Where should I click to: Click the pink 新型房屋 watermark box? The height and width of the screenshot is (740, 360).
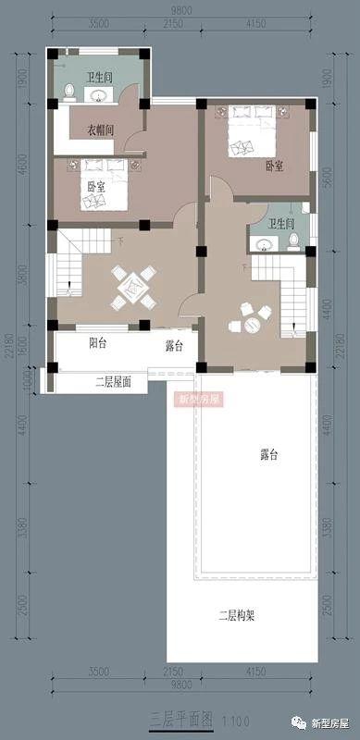click(x=196, y=400)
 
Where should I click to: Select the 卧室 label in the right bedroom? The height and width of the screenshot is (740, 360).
click(x=274, y=166)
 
